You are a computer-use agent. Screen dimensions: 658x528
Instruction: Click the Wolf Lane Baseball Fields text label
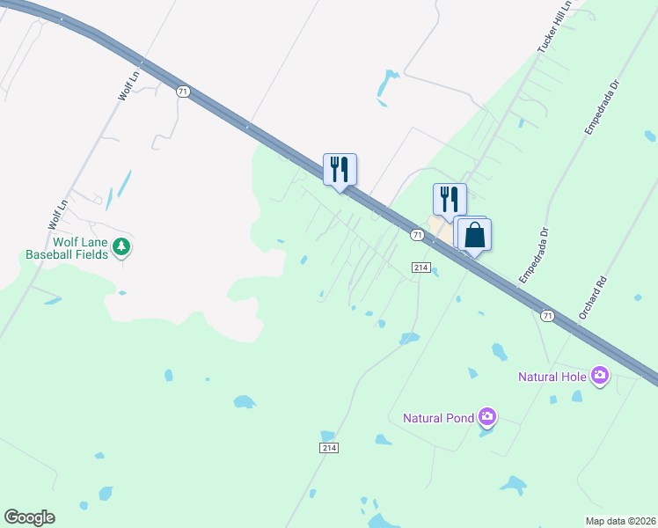66,247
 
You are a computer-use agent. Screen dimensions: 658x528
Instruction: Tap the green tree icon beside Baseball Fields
122,247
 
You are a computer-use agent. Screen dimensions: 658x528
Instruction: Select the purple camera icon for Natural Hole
600,376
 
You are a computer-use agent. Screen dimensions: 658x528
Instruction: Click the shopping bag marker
474,236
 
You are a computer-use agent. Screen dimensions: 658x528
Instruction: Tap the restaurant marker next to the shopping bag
450,200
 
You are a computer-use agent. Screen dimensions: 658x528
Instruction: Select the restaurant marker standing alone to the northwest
340,169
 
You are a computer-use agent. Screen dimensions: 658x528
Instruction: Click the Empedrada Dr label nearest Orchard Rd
534,256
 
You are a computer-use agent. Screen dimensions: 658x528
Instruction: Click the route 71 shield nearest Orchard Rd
547,314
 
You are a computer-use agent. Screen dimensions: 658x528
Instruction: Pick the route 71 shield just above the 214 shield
418,235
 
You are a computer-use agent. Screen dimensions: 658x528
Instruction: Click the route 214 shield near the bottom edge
329,448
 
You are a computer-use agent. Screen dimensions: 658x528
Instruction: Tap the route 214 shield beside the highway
420,268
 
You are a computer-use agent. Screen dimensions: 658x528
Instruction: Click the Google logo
29,517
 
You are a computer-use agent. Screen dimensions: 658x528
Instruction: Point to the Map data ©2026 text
619,520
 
